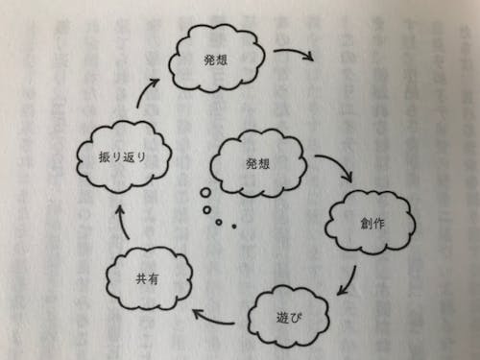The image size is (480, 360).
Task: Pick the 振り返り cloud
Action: [x=122, y=157]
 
